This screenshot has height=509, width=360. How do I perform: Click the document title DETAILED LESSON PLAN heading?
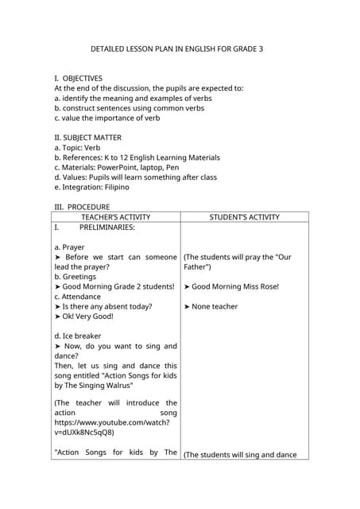(x=176, y=49)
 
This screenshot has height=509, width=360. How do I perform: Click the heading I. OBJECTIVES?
(x=78, y=78)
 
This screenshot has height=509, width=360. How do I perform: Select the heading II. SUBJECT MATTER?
(x=87, y=138)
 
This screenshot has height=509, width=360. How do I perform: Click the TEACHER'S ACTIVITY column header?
(x=116, y=216)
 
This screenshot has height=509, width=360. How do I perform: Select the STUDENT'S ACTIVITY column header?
(x=244, y=216)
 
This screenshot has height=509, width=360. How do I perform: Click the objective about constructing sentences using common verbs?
(x=129, y=108)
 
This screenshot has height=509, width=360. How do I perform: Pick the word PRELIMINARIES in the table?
(x=106, y=227)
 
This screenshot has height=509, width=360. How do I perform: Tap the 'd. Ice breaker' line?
(x=78, y=336)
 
